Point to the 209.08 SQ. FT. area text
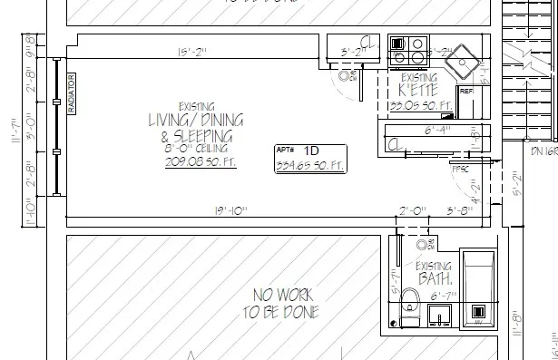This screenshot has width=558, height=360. [x=196, y=162]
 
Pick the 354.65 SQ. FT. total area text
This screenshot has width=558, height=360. [x=310, y=164]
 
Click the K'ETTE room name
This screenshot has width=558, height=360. [x=418, y=91]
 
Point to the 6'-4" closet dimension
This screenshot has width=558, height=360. [x=436, y=130]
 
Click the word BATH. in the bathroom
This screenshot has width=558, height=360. [x=434, y=278]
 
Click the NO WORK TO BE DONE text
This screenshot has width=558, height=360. [x=281, y=304]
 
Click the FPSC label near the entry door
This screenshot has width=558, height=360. [x=460, y=166]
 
